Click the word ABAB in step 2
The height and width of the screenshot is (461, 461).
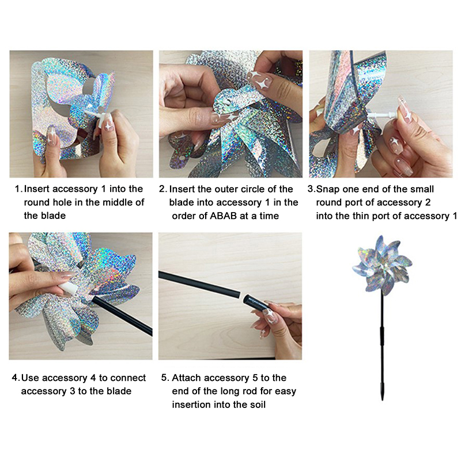[x=223, y=216]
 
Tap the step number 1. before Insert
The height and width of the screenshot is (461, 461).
[x=19, y=189]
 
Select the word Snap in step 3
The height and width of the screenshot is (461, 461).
[x=327, y=190]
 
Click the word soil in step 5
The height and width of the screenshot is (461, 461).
[x=258, y=405]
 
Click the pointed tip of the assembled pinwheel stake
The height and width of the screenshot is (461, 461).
[x=383, y=399]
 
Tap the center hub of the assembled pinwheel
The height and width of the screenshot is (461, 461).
[x=383, y=266]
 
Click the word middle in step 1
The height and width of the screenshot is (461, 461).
[x=112, y=202]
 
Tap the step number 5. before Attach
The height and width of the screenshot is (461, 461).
[x=165, y=377]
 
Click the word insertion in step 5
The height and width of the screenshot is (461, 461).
[x=191, y=405]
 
